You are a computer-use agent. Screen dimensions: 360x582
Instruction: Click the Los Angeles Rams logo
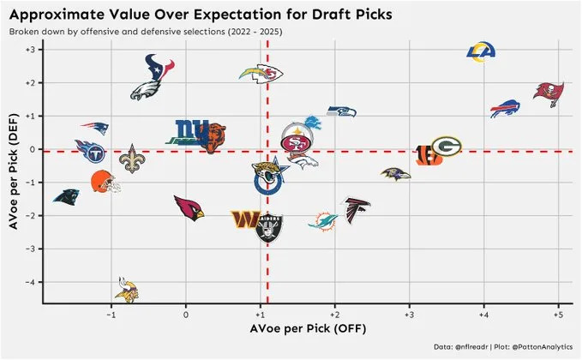482,53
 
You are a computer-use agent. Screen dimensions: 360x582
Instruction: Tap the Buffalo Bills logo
505,110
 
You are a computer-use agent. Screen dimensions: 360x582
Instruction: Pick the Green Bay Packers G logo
446,147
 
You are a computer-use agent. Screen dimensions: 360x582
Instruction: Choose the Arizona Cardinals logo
189,207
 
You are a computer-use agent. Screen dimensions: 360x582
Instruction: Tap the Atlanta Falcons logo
357,209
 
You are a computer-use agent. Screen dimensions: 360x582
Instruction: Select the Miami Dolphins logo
323,220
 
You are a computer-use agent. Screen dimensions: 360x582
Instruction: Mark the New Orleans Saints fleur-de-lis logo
130,159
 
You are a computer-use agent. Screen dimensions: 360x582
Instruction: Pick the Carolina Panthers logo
67,195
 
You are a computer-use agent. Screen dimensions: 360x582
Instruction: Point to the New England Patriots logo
94,129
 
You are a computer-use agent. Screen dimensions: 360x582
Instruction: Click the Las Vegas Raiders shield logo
268,228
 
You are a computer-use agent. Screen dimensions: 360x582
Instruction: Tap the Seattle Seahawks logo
340,111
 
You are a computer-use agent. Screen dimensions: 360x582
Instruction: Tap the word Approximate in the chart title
52,15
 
